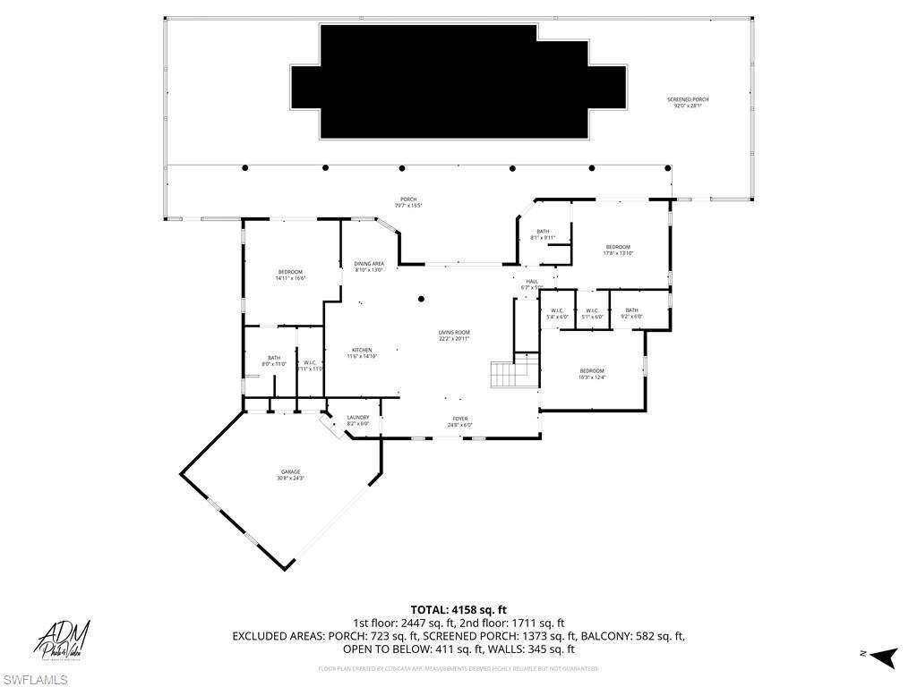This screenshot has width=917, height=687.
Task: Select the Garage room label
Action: pos(289,475)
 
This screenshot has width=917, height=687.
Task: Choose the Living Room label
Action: pos(454,335)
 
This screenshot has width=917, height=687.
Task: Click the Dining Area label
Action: pos(369,267)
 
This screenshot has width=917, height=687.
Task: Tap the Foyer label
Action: pos(459,421)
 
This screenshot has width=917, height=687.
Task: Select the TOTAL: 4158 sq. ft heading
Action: pos(458,610)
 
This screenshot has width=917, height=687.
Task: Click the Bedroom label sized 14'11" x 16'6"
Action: pos(290,275)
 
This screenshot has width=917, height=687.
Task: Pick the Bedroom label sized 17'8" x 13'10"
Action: pos(618,250)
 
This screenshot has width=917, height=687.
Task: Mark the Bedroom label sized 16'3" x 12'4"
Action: pos(591,374)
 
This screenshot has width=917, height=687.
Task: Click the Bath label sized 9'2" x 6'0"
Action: pos(632,313)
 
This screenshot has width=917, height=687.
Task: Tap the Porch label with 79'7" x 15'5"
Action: pos(408,202)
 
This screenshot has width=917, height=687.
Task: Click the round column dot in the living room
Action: pos(421,300)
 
